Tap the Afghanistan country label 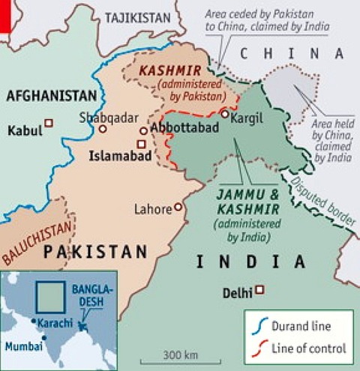point(52,95)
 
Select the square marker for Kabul point(49,123)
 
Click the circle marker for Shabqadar point(102,129)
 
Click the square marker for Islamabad point(141,144)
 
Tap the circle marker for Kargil point(224,114)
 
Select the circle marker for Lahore point(178,207)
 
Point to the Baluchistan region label point(37,237)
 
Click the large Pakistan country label point(95,253)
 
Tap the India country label point(250,262)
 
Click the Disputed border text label point(324,198)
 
